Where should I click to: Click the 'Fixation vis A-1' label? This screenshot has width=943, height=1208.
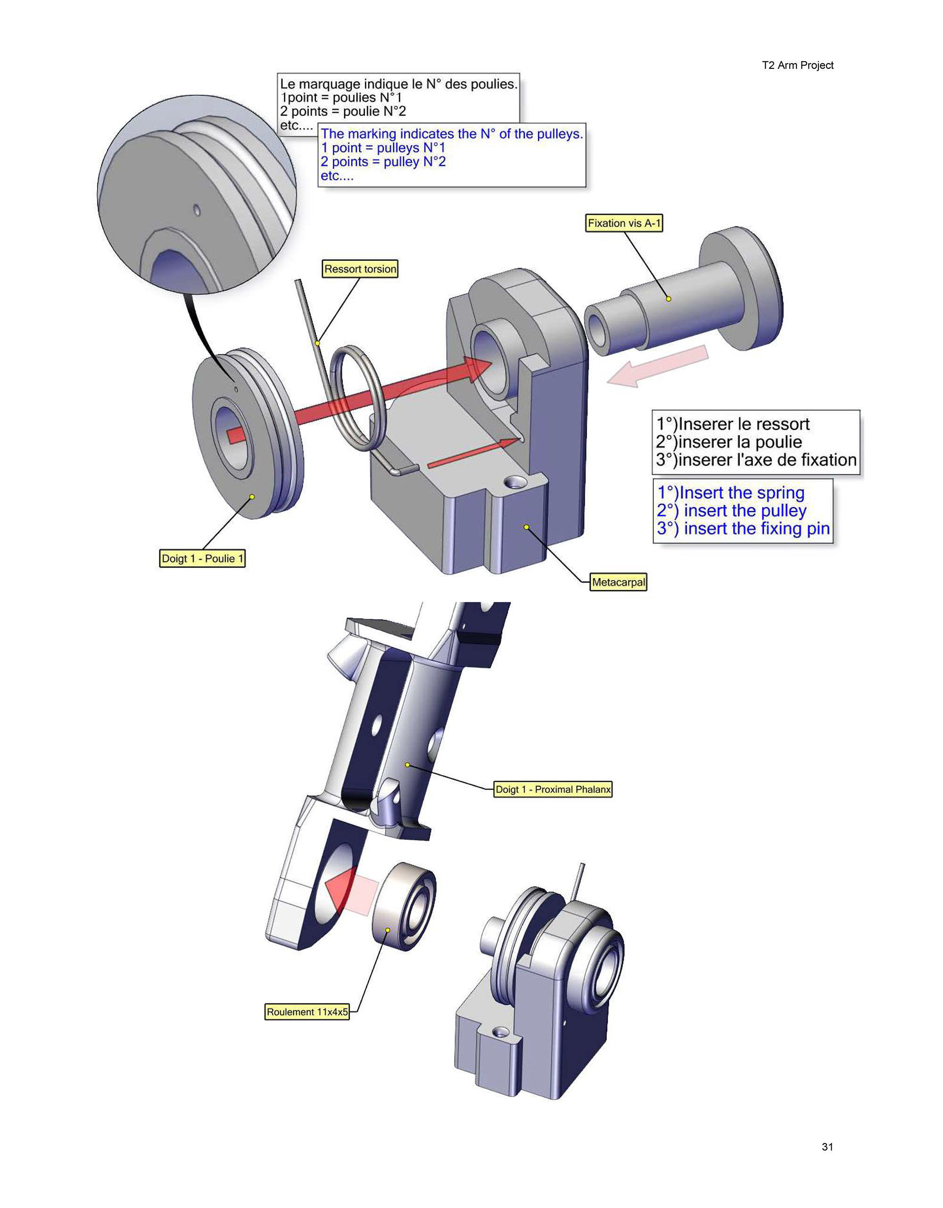click(624, 223)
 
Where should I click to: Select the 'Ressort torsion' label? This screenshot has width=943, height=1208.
click(360, 270)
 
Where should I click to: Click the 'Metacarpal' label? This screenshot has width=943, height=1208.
click(618, 582)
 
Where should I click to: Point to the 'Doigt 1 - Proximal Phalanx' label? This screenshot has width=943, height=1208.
click(553, 789)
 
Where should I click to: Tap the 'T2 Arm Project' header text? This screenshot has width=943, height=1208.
click(797, 65)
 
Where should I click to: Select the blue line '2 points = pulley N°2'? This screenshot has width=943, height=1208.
click(383, 162)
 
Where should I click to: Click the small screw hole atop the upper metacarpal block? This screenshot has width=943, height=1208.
click(515, 482)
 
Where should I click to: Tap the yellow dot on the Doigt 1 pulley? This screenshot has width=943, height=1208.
click(252, 497)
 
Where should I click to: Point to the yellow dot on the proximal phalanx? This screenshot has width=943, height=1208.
click(407, 764)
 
